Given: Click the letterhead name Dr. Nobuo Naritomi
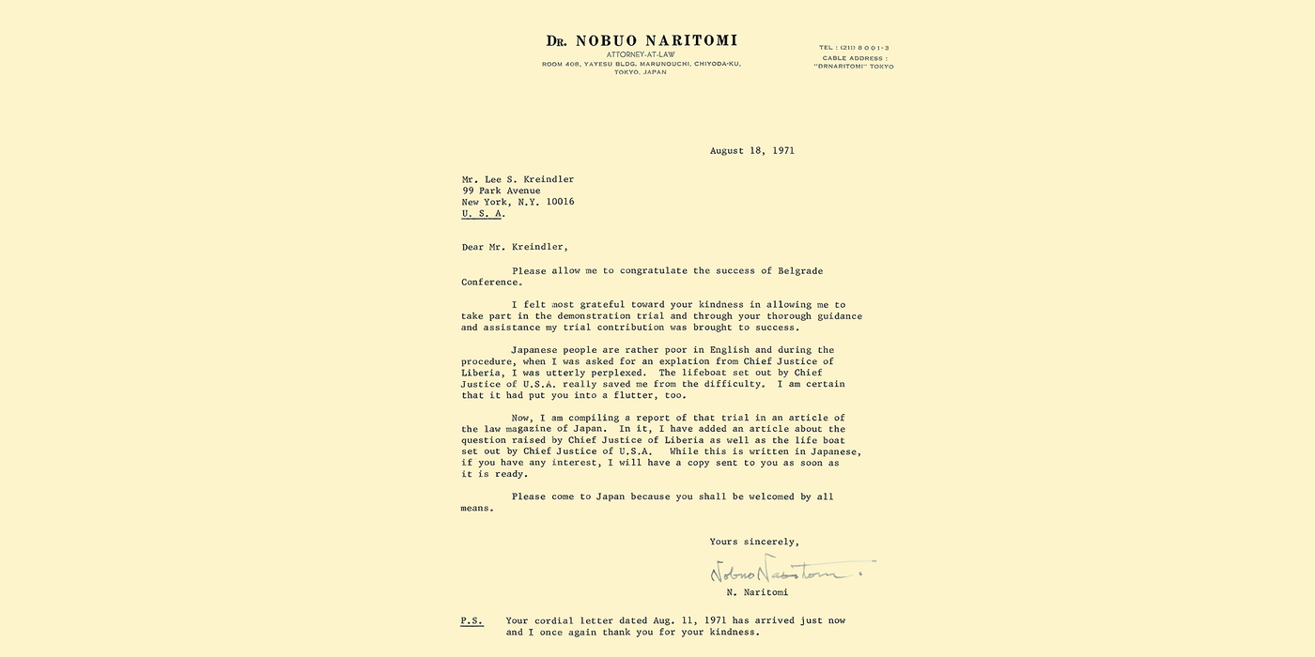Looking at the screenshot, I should coord(642,40).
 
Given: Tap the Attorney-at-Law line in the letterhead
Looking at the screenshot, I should coord(642,54).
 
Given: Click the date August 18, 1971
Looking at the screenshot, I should coord(751,150).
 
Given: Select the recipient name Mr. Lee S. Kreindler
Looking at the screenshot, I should coord(518,179).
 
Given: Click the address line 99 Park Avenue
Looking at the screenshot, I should coord(501,191).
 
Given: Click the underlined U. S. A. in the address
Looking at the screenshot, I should coord(482,213).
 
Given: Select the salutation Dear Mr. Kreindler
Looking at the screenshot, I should coord(515,247).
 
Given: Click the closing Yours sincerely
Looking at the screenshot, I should coord(754,542).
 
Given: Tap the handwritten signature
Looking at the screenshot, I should coord(789,570).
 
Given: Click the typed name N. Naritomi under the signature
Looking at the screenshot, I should coord(757,592).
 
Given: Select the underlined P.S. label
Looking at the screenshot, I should coord(472,620).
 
